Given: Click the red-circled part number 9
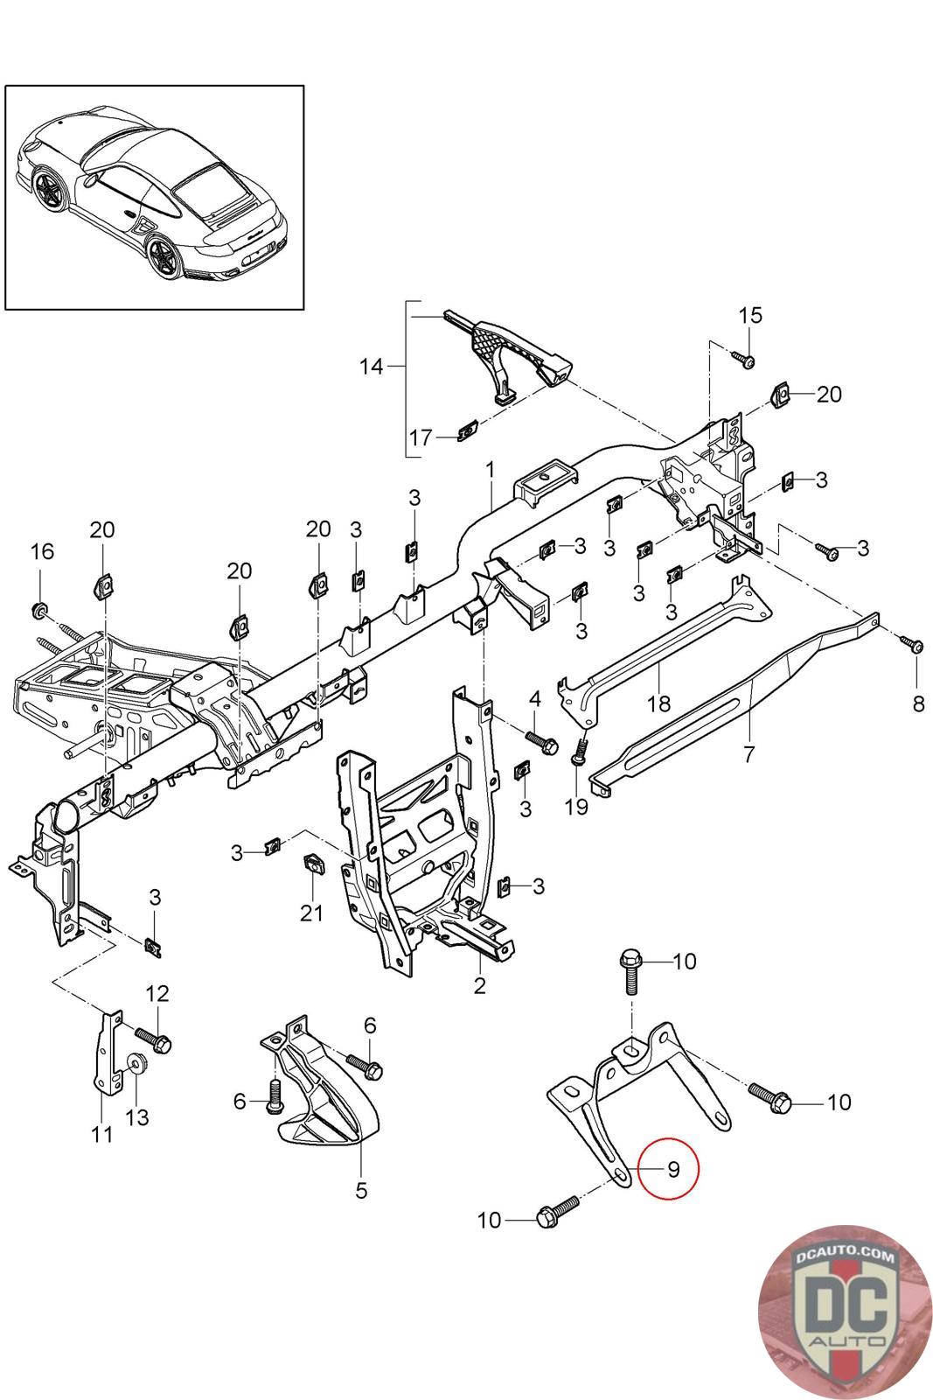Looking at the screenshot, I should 673,1169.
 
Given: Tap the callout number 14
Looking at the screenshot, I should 372,366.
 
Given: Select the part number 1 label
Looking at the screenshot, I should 491,470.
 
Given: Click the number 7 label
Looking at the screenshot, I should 748,753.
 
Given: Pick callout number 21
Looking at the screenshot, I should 311,913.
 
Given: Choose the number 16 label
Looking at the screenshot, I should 42,551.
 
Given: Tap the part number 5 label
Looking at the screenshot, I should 361,1190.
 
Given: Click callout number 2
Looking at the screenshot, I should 479,986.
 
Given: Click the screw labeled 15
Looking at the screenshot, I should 742,358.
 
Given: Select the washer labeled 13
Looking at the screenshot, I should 136,1066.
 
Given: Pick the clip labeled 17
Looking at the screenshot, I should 467,430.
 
